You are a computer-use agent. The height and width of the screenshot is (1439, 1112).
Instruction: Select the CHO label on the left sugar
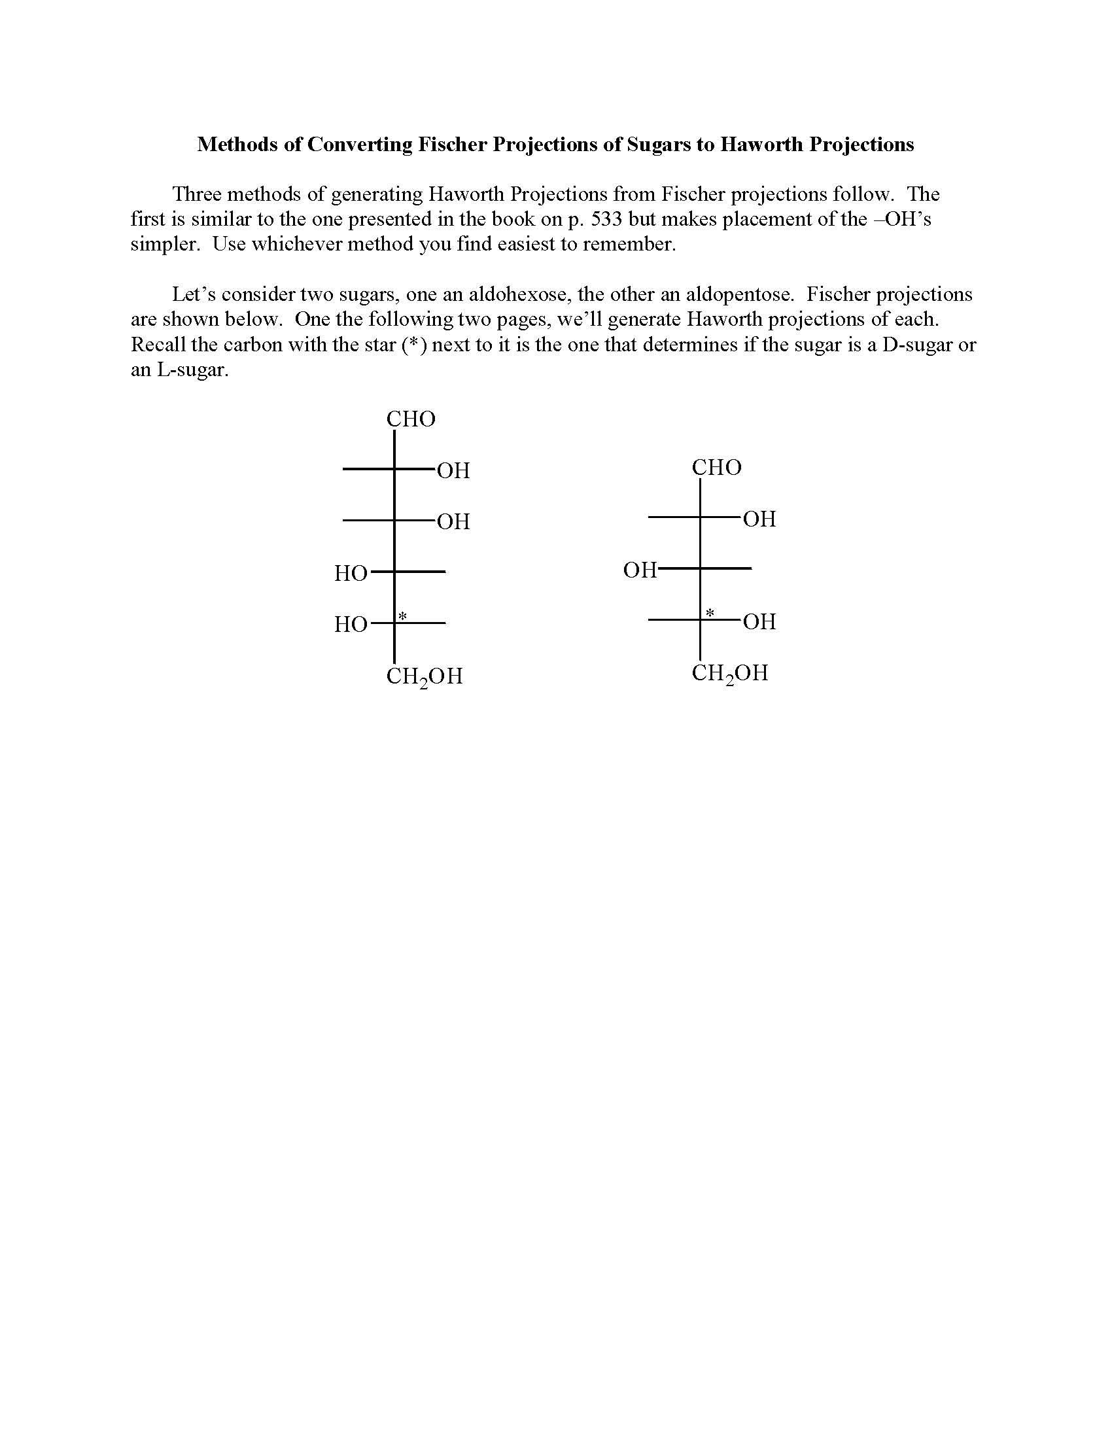410,419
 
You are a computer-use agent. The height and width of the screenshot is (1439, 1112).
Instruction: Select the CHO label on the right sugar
716,468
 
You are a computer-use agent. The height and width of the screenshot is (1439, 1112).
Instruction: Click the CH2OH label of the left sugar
425,677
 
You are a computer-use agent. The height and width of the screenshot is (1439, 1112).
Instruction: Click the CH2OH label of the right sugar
730,673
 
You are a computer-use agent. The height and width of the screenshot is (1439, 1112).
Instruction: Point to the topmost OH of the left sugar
453,470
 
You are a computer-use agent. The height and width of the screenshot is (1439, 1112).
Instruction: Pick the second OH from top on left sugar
453,522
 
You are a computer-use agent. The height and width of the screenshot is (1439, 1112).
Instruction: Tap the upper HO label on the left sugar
351,573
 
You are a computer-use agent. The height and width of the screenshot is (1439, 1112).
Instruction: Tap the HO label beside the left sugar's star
351,624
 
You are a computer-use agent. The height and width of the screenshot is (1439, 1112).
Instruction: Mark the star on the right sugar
710,614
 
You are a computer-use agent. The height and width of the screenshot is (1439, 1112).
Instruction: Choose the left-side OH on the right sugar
640,570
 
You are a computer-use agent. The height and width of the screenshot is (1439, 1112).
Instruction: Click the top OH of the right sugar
759,519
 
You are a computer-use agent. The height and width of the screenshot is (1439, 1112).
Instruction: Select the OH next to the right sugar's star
759,621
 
